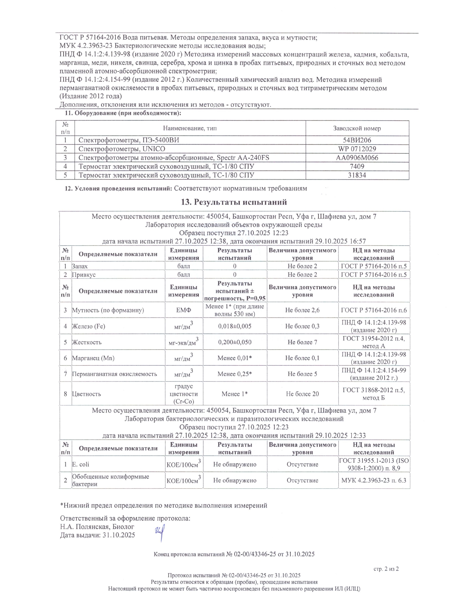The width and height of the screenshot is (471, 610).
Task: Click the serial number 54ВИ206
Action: [x=357, y=140]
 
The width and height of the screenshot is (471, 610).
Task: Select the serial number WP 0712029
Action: [x=357, y=149]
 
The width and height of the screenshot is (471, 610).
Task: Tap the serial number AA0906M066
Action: [x=357, y=158]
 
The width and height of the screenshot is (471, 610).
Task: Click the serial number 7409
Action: [x=357, y=166]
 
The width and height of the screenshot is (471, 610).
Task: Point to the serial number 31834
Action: [x=357, y=175]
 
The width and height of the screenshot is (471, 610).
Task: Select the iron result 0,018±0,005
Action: [x=235, y=326]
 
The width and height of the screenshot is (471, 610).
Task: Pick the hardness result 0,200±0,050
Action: [x=235, y=342]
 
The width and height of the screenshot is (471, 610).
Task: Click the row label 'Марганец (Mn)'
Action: [x=93, y=358]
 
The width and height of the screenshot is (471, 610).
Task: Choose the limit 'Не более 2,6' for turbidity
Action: [x=302, y=310]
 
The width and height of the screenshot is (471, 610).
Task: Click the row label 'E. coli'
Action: [x=81, y=464]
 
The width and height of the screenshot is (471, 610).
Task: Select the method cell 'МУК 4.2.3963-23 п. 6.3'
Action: [x=374, y=480]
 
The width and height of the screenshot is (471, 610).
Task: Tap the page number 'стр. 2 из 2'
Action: [x=386, y=569]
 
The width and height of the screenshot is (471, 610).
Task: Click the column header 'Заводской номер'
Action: [x=357, y=128]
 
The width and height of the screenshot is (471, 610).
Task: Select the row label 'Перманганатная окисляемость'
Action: [x=115, y=374]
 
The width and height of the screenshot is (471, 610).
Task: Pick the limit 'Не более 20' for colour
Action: [x=302, y=394]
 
